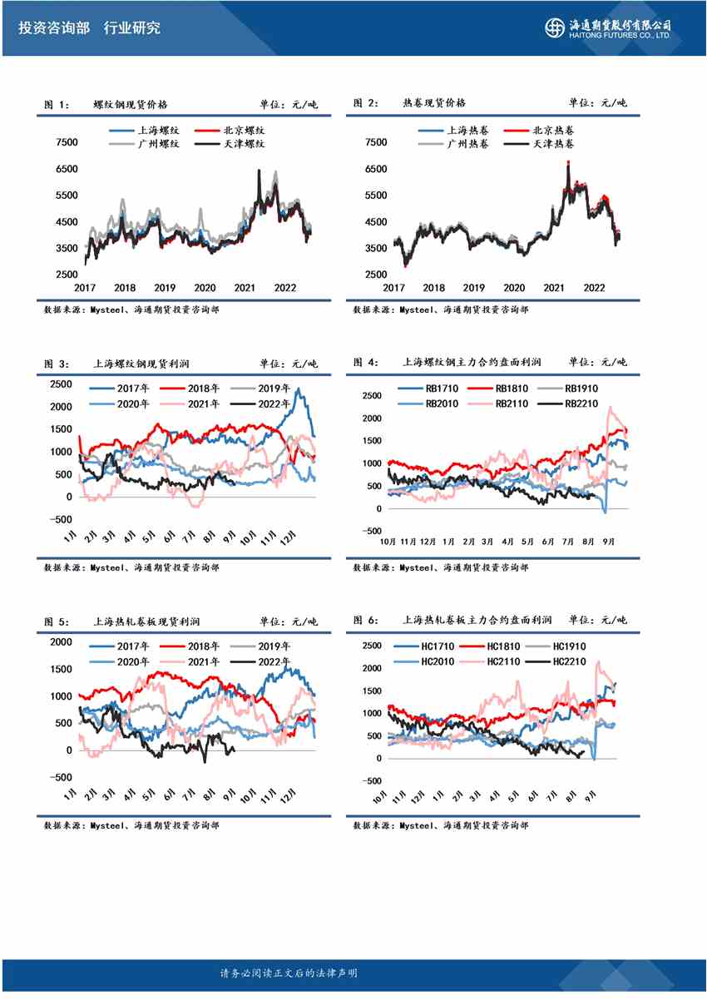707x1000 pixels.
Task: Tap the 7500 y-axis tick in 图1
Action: pyautogui.click(x=66, y=142)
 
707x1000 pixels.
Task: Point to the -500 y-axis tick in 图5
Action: pyautogui.click(x=61, y=777)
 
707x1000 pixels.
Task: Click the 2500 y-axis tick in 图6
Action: pyautogui.click(x=371, y=646)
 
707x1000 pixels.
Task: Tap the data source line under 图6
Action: pyautogui.click(x=440, y=825)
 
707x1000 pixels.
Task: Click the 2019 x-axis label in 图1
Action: pyautogui.click(x=165, y=288)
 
